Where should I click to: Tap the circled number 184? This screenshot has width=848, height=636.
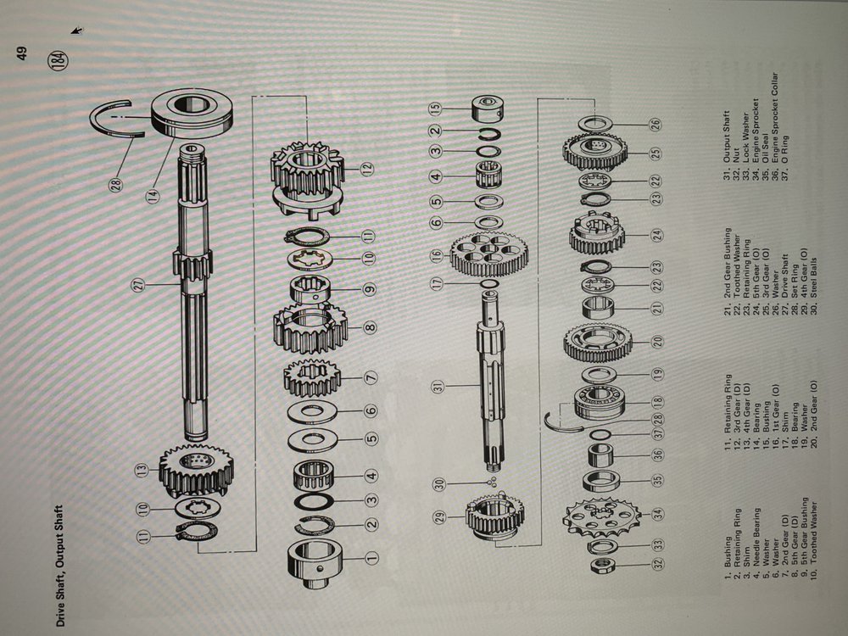(x=58, y=59)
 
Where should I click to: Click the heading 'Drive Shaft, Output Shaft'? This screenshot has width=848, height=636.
(x=60, y=566)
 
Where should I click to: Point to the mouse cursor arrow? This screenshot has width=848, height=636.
(x=77, y=31)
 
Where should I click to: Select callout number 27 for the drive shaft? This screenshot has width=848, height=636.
(x=139, y=284)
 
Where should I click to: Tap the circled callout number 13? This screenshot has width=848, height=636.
(x=142, y=471)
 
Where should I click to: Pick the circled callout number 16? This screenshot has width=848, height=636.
(x=437, y=256)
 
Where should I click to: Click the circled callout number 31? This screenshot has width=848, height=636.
(x=437, y=386)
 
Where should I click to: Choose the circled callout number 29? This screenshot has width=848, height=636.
(x=441, y=517)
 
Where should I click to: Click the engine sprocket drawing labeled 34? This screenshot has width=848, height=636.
(x=600, y=517)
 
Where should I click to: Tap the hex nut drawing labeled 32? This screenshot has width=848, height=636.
(x=601, y=565)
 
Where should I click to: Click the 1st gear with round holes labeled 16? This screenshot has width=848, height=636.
(x=489, y=253)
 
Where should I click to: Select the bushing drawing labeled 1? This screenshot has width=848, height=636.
(x=315, y=562)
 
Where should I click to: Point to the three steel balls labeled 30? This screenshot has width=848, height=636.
(x=492, y=482)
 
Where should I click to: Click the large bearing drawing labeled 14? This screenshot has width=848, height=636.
(x=192, y=112)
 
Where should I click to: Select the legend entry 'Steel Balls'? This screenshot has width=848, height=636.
(x=814, y=278)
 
